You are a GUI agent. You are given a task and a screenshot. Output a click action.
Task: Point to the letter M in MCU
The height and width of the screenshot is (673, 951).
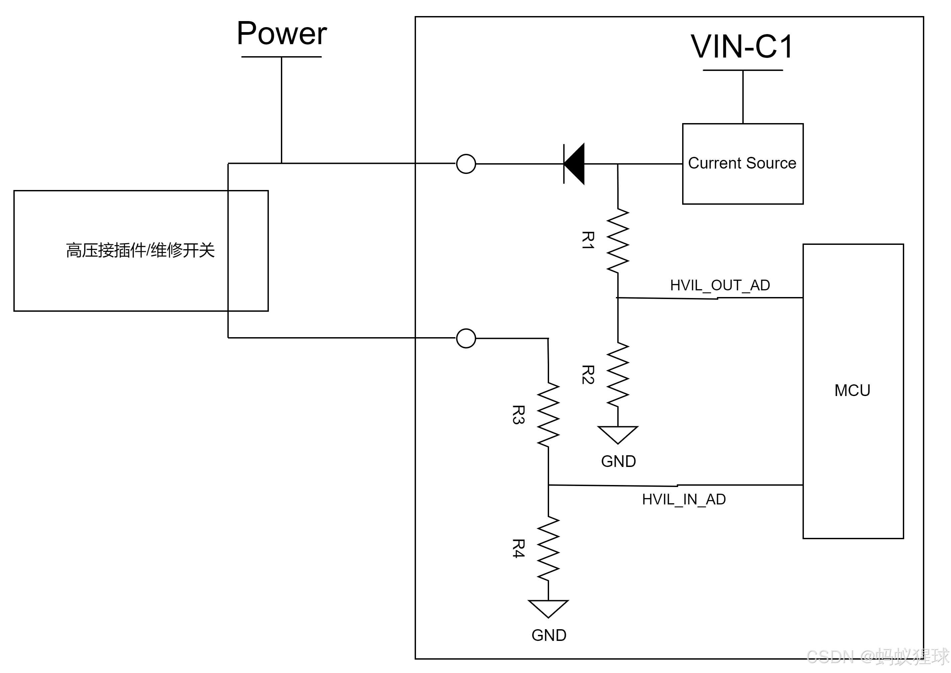[841, 390]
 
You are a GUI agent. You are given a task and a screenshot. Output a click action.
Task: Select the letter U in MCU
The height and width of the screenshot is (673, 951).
[865, 390]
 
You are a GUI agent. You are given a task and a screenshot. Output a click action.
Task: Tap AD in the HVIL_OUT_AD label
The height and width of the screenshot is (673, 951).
[760, 286]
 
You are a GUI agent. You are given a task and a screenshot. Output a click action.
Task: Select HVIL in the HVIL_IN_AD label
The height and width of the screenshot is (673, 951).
[658, 499]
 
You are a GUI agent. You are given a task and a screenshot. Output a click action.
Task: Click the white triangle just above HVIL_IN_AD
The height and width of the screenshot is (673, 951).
[618, 433]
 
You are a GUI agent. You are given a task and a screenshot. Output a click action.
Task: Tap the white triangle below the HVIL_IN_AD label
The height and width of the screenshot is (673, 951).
[548, 607]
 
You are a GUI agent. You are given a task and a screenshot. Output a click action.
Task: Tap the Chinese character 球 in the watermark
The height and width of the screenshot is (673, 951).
[939, 656]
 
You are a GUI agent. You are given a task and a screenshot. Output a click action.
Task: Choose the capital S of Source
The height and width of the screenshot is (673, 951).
[752, 163]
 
